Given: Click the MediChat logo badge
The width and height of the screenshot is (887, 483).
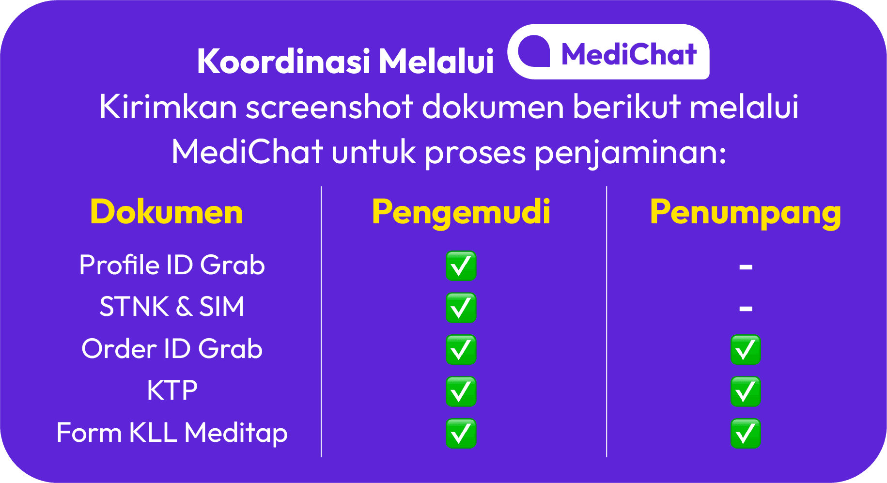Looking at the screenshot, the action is click(608, 52).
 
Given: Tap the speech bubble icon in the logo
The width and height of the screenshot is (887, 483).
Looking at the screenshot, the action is click(534, 51).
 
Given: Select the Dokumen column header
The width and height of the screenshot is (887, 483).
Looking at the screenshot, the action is click(167, 212).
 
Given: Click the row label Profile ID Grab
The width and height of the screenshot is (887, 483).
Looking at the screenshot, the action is click(172, 265).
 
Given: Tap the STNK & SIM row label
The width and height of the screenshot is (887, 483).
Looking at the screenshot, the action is click(172, 307).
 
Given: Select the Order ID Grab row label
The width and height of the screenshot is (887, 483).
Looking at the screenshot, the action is click(172, 349).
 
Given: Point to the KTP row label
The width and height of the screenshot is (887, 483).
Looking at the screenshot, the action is click(172, 390).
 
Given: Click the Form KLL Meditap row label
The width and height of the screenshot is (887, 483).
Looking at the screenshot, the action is click(172, 433).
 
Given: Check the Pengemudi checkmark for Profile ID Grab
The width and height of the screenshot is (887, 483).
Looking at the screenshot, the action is click(461, 266).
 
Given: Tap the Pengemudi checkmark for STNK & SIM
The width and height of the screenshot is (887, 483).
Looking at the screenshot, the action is click(461, 308).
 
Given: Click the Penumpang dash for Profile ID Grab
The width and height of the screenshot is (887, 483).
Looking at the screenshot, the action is click(746, 266).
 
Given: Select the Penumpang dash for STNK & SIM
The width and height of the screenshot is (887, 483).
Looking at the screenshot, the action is click(746, 308).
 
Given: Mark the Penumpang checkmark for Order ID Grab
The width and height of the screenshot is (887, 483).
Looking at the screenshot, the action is click(746, 349).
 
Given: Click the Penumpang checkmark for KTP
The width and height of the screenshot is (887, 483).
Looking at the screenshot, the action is click(746, 391).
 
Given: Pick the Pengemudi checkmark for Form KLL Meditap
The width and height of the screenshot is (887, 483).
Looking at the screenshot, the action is click(461, 433).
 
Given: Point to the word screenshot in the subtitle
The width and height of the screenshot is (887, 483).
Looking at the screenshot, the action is click(329, 107).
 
